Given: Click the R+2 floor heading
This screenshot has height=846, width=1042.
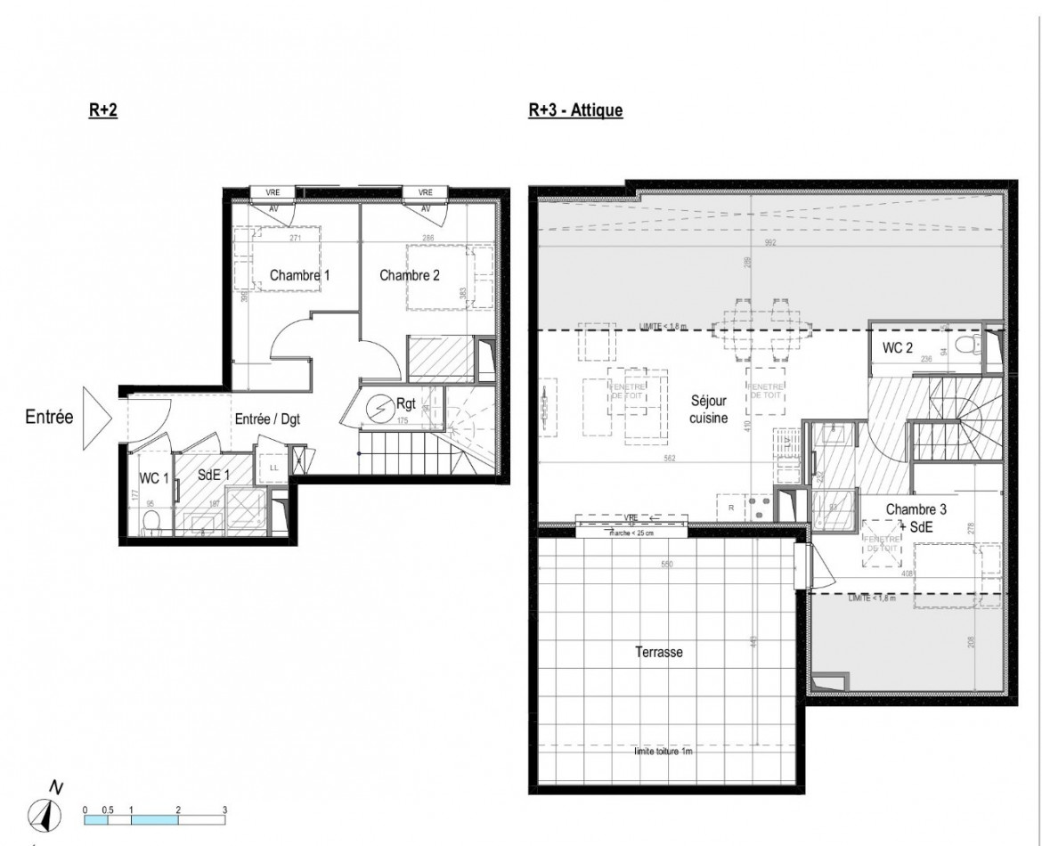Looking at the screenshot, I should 103,110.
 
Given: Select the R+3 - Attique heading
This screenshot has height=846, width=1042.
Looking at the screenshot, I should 574,110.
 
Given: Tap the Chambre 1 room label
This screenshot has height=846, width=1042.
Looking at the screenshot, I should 299,276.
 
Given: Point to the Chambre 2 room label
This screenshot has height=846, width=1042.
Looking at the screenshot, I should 409,276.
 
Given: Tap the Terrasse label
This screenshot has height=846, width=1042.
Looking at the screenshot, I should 658,652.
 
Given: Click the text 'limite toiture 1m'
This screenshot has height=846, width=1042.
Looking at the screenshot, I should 663,752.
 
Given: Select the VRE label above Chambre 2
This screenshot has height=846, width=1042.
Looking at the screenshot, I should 425,191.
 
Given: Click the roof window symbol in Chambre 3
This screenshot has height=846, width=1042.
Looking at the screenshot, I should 881,543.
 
